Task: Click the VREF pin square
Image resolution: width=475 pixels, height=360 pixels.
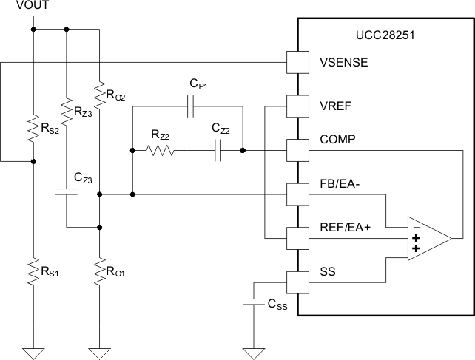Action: coord(297,106)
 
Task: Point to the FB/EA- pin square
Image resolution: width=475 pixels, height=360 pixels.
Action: coord(297,194)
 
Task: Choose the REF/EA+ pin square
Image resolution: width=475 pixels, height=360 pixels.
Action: coord(297,239)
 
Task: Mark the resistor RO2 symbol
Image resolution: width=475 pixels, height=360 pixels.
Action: coord(98,94)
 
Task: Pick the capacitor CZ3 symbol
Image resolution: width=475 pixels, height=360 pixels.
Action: coord(66,193)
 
